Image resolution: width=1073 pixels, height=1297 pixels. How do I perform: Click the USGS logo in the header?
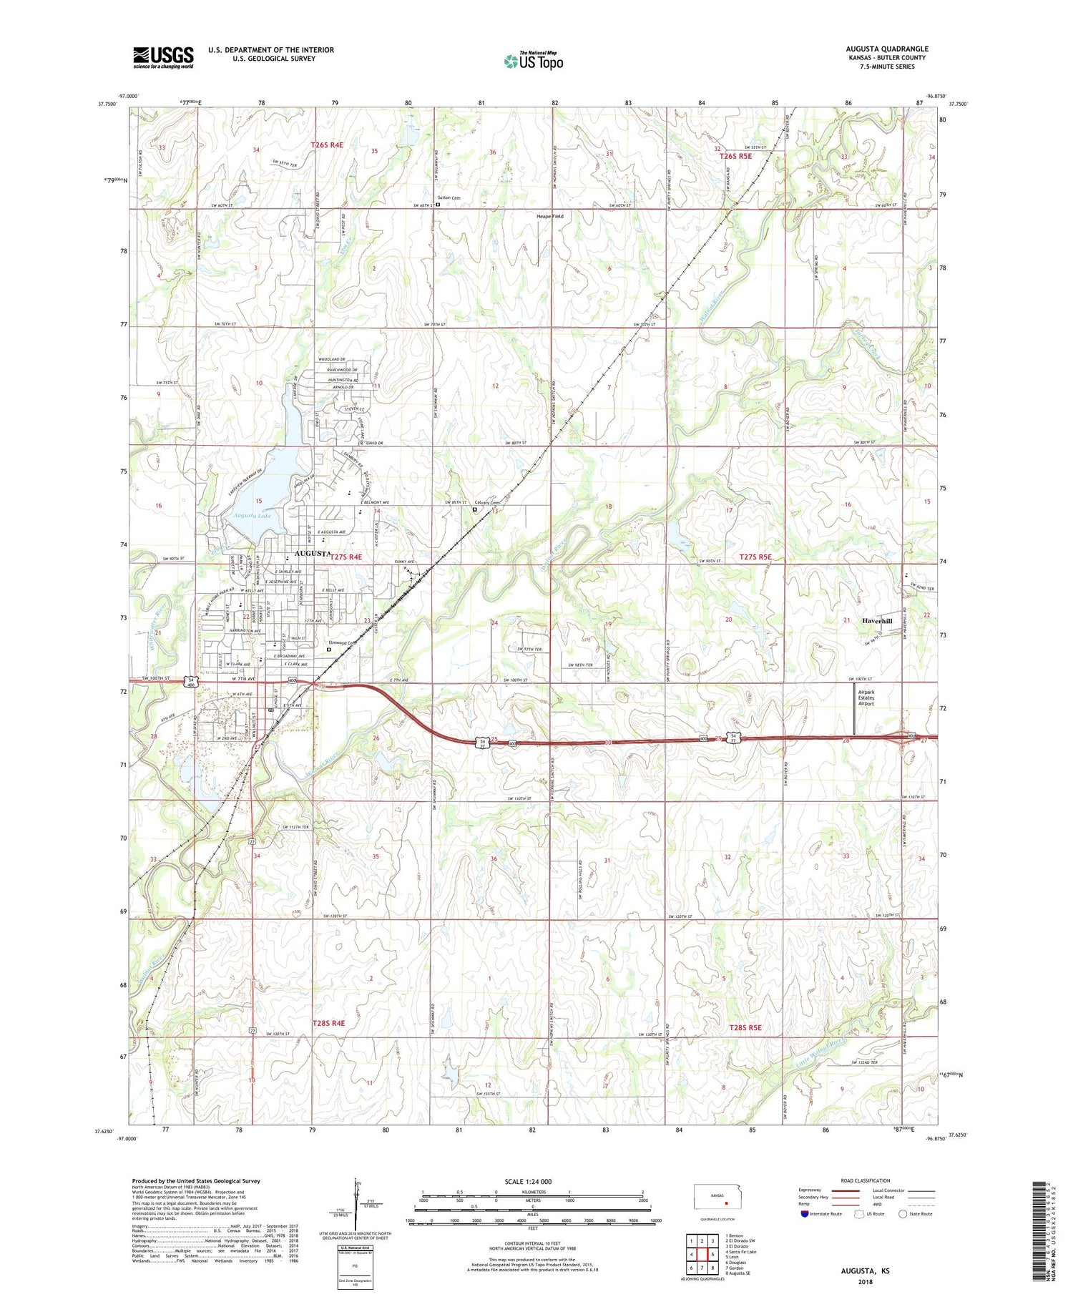click(163, 57)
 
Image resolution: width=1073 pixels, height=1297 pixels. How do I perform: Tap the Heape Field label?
click(550, 216)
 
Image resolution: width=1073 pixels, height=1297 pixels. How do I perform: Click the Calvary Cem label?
click(486, 503)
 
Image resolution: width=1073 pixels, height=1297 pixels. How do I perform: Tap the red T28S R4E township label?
click(328, 1023)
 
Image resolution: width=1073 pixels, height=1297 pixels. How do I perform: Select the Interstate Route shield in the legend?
click(805, 1213)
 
